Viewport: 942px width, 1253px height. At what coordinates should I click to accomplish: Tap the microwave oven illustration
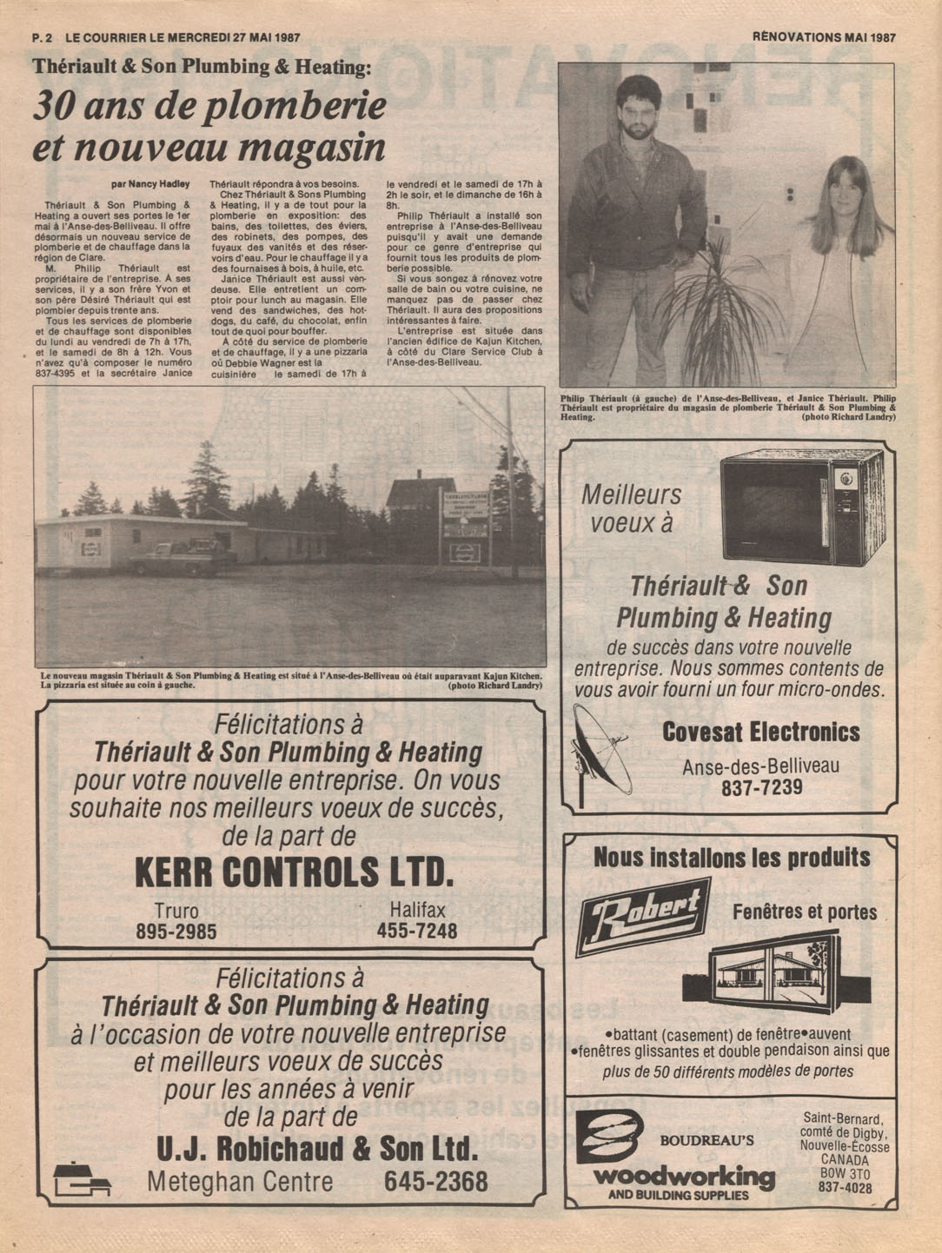801,507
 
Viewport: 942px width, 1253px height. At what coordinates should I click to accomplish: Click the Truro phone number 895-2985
176,932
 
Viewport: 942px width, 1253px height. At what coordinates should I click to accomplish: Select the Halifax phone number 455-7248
417,932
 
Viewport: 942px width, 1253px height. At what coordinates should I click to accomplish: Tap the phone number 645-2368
435,1182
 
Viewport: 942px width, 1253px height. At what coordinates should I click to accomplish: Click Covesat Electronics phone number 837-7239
761,788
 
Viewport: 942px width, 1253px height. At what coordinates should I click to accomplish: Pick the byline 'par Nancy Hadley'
150,184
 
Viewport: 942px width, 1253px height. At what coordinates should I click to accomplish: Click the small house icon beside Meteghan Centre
81,1179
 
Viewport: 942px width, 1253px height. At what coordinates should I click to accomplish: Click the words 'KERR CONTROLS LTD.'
294,872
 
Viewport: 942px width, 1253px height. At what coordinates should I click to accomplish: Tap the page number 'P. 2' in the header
43,37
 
